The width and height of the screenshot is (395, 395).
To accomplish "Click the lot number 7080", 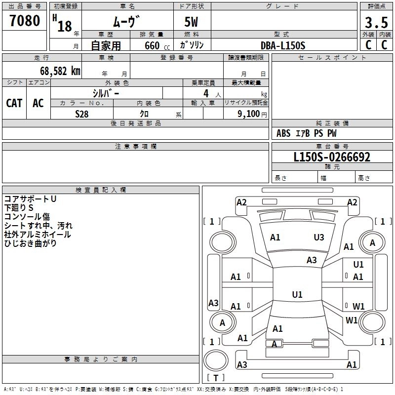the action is [x=25, y=20].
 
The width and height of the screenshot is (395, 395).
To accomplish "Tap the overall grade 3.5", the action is [x=376, y=22].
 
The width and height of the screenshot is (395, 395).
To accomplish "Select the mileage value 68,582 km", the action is [x=60, y=71].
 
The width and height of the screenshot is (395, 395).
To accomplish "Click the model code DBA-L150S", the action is [x=283, y=45].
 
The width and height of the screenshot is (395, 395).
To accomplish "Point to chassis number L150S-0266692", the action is [x=332, y=157].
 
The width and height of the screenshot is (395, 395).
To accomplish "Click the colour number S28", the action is [x=82, y=114].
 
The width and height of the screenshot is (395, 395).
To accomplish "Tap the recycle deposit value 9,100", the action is [x=249, y=114].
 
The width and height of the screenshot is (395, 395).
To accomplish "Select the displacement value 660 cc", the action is [x=157, y=45].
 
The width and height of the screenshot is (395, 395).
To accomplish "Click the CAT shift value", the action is [x=14, y=103].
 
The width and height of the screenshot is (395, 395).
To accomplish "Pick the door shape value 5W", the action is [x=191, y=22].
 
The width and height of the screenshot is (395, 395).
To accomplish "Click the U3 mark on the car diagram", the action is [x=319, y=237].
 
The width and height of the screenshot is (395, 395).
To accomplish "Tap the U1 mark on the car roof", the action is [x=297, y=294].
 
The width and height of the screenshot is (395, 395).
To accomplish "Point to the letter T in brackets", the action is [x=216, y=378].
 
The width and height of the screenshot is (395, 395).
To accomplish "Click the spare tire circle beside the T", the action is [x=216, y=360].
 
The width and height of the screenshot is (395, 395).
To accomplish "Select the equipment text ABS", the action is [x=283, y=133].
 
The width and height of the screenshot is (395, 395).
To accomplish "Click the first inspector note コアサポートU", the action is [x=30, y=199].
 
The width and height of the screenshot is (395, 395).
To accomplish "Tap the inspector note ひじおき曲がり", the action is [x=30, y=243].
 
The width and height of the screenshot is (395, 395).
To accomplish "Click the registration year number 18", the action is [x=65, y=26].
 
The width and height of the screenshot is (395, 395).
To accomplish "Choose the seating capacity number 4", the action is [x=206, y=93].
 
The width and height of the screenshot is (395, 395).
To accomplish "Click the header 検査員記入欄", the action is [x=101, y=190].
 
